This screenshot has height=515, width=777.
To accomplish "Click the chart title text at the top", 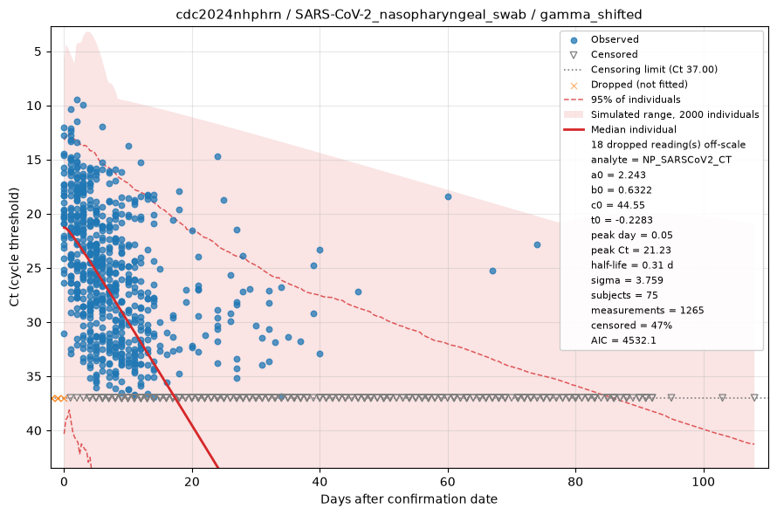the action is coord(409,14).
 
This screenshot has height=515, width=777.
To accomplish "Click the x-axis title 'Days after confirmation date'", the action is coord(409,499).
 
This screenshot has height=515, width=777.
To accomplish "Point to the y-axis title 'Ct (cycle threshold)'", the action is coord(14,247).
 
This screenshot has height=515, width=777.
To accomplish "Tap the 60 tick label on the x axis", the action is coord(448,482).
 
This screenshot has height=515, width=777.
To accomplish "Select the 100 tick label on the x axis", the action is coord(704,482).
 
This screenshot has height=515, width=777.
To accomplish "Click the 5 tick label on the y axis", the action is coord(38,51).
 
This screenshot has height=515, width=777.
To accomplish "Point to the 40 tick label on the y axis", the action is coord(35,430).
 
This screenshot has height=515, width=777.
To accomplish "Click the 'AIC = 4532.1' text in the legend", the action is coord(623,340).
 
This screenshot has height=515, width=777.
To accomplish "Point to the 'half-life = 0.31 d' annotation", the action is coord(632,265).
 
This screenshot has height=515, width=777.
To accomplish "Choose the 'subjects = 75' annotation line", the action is coord(624,295).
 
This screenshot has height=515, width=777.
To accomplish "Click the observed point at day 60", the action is coord(448,196).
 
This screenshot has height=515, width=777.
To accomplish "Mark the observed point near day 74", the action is coord(537,245).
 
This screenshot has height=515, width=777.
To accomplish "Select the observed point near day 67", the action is coord(492,271).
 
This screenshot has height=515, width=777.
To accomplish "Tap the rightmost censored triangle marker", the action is coord(754,397).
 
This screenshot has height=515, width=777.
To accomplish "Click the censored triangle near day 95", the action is coord(671,397).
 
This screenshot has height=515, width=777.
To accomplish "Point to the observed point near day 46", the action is coord(358,292).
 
